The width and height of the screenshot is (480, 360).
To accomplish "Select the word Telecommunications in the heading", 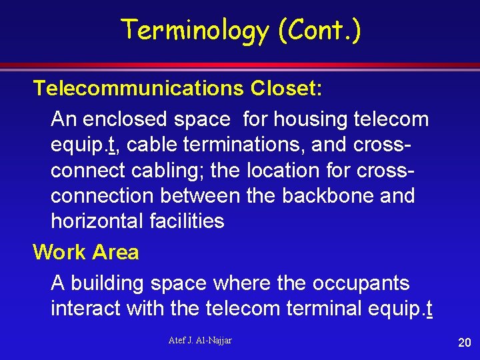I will point(138,88).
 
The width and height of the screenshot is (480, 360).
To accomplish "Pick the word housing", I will point(310,119).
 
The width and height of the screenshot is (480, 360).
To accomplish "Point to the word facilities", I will point(189,221).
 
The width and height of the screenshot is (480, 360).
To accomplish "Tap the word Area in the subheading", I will point(115,252).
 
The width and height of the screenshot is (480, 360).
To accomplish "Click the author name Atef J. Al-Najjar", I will point(200,341).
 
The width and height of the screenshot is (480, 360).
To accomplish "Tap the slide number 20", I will point(464,343).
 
